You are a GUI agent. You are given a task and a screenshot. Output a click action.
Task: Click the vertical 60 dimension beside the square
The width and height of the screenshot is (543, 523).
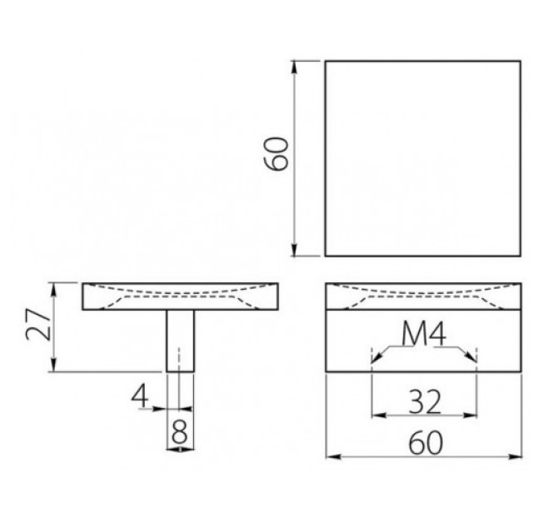point(276,154)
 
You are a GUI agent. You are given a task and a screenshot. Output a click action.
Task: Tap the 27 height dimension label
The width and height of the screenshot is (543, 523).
point(38,324)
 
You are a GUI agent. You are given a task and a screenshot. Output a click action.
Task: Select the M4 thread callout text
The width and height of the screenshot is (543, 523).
point(424,334)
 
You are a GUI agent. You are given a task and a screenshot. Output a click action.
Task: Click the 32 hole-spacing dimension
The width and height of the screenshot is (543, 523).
point(425,401)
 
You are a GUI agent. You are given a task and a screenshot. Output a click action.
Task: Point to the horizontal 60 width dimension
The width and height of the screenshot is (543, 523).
point(426,443)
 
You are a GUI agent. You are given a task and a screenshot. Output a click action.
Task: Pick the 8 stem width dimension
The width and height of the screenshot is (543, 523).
point(180,431)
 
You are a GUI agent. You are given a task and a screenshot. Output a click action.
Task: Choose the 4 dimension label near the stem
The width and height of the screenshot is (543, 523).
point(140,396)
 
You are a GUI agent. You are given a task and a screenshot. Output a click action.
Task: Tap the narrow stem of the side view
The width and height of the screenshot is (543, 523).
point(180,341)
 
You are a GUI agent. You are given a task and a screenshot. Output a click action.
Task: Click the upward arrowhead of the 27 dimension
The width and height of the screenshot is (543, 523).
point(53,291)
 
